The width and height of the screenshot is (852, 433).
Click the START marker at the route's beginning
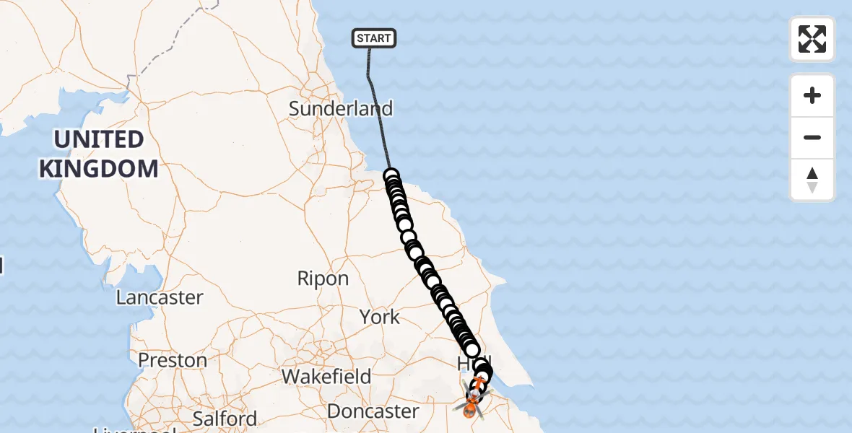374,38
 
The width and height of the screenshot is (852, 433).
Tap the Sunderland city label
341,109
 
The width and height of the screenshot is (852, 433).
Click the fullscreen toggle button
812,39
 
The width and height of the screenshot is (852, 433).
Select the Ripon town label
323,279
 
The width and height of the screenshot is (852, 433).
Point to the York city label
380,317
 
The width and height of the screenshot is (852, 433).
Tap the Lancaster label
160,297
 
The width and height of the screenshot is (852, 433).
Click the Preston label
172,360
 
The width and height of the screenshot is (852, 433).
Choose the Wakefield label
326,376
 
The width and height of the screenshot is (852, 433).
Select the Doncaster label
373,411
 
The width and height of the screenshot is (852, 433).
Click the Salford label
225,419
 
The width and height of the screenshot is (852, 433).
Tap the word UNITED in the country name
98,139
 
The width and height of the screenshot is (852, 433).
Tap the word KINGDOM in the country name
98,169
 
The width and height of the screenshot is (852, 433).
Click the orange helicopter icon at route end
470,408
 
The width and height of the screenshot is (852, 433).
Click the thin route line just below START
370,72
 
